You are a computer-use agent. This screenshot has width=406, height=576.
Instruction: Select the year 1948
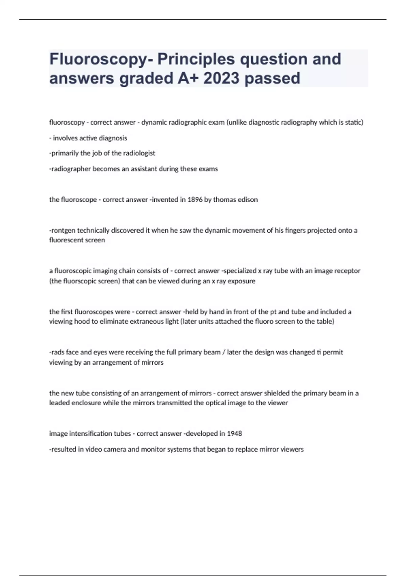coord(234,433)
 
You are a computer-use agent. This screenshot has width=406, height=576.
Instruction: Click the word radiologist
coord(139,153)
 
